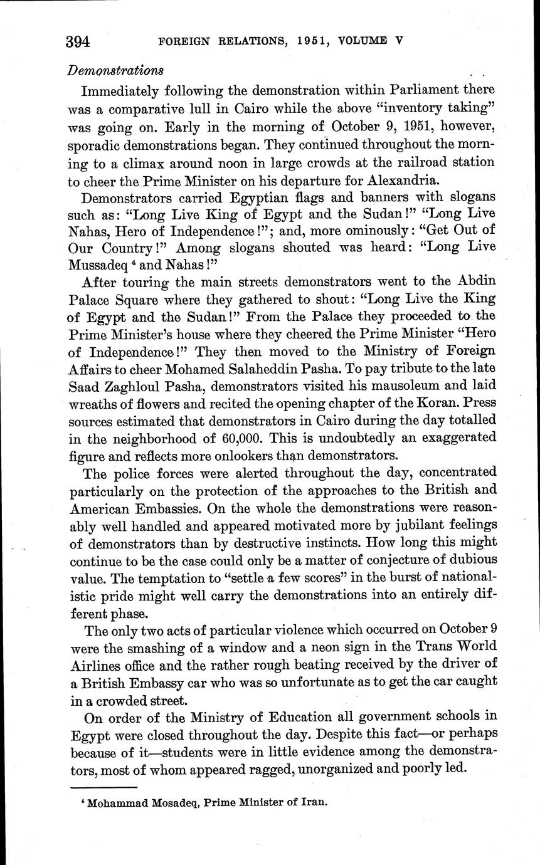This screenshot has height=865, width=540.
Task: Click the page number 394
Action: click(x=78, y=42)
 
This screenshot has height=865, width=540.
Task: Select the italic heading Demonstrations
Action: click(x=116, y=70)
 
